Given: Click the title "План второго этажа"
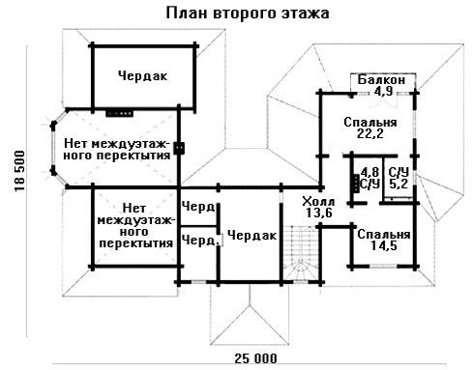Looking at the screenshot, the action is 248,14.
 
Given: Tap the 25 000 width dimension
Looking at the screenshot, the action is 255,358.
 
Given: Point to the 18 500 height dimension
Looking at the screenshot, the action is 19,171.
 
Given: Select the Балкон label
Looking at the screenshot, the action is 381,79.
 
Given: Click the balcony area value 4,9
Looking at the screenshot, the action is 383,91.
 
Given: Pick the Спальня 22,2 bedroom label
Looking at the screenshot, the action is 370,128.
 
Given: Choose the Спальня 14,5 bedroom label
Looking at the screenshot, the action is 384,240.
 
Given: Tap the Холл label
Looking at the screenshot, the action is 318,202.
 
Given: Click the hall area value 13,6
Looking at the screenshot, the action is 319,213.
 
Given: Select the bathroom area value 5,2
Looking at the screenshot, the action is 398,184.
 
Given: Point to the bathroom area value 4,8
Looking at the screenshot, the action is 369,172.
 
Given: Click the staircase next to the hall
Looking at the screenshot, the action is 301,253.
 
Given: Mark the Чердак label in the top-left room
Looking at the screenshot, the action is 142,76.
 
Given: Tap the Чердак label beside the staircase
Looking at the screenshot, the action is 251,236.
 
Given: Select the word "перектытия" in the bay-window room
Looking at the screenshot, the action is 133,156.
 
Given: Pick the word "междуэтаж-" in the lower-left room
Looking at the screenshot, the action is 136,220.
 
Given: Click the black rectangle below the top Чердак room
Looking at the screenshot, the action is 119,113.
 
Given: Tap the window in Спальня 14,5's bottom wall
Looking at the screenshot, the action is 383,267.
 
